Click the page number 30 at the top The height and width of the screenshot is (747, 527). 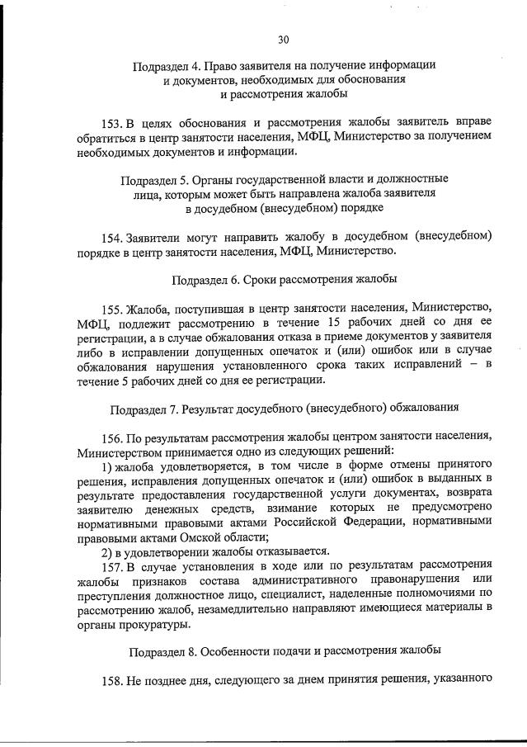point(284,39)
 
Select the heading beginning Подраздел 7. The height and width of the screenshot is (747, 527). point(284,408)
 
